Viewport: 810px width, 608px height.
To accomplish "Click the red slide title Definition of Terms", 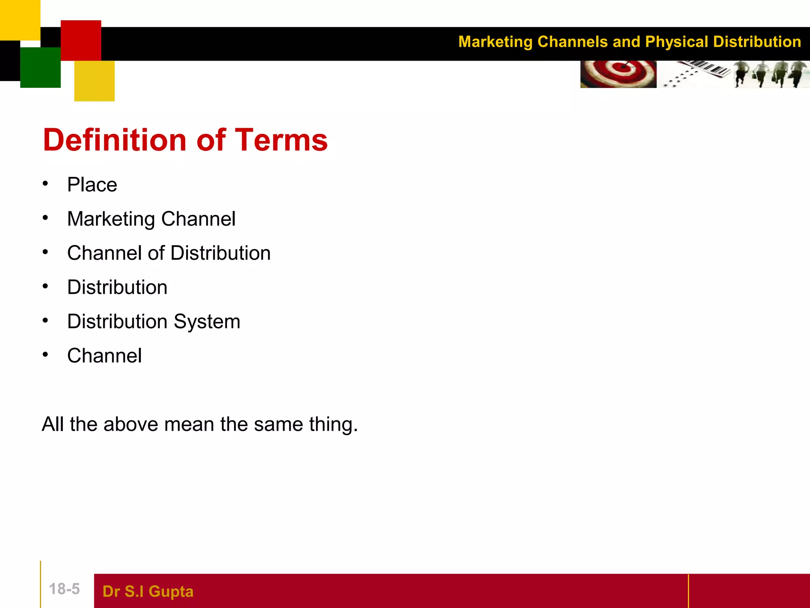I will pos(185,140).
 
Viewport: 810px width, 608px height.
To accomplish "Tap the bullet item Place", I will pos(92,185).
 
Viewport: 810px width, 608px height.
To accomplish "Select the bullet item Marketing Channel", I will pos(151,219).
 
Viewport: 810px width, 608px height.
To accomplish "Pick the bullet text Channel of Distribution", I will pos(169,253).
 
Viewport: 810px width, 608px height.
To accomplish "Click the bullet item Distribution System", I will pos(153,321).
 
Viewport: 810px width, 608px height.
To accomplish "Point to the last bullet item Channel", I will pos(104,355).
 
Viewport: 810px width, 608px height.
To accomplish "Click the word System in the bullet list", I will pos(207,321).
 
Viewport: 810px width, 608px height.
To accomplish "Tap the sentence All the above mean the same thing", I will pos(200,424).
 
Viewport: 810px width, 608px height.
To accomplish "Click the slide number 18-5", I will pos(64,589).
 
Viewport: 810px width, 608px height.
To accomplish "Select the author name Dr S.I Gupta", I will pos(148,591).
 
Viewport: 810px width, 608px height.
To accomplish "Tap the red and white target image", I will pos(618,74).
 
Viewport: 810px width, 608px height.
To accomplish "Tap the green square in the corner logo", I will pos(40,67).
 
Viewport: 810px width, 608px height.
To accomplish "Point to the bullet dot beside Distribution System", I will pos(45,320).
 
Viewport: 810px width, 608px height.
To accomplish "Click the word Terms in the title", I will pos(282,140).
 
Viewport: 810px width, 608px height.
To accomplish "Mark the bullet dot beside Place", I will pos(45,184).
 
